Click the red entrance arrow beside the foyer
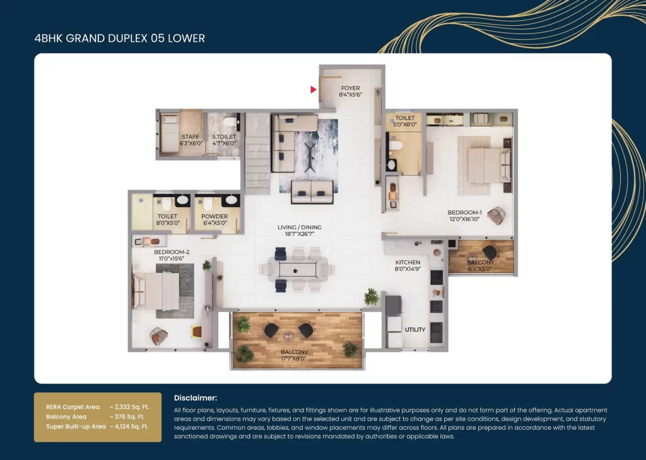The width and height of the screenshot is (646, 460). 313,89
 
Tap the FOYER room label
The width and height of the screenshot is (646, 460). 350,88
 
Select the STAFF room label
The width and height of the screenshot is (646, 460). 191,136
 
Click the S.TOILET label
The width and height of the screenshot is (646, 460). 224,136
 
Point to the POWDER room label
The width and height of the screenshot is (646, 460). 214,216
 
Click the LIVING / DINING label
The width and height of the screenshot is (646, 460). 300,227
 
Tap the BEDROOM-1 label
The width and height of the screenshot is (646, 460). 465,212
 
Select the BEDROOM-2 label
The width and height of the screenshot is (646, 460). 172,251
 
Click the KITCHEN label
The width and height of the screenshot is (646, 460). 408,262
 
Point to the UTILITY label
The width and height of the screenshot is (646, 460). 415,330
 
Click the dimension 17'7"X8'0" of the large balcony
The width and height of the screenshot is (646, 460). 294,358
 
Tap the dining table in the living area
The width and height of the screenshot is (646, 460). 298,270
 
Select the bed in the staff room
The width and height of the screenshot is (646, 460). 169,133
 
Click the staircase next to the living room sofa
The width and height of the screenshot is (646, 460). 258,153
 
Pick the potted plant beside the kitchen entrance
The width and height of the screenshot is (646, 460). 371,296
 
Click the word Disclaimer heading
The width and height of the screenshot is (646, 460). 196,397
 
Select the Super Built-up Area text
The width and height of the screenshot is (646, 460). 76,427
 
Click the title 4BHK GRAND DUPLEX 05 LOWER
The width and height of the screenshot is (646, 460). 119,39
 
